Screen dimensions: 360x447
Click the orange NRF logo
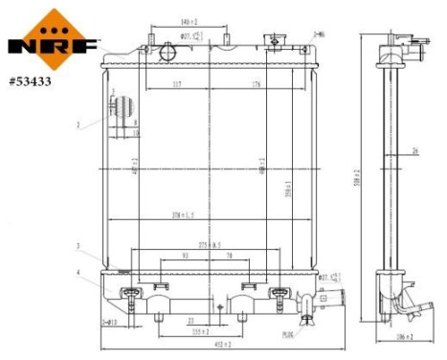[x=53, y=35]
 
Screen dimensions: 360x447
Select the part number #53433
[x=32, y=81]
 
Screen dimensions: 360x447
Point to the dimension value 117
[x=176, y=85]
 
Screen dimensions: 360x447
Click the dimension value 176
[x=257, y=85]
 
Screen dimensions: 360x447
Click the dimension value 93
[x=185, y=256]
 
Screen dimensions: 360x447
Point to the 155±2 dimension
[x=200, y=332]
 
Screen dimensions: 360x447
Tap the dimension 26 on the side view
[x=413, y=150]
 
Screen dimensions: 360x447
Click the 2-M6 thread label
[x=319, y=34]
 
